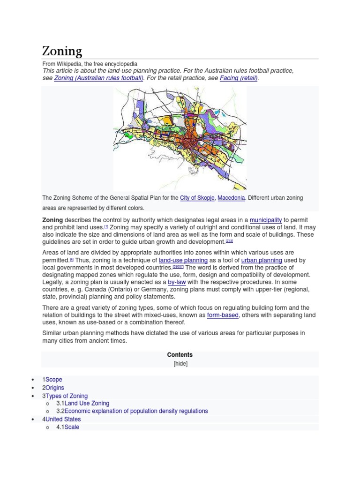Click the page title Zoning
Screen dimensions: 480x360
[x=62, y=51]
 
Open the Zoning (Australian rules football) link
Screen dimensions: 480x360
[x=98, y=78]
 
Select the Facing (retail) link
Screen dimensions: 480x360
[x=239, y=78]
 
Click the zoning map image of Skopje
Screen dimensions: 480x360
[x=180, y=138]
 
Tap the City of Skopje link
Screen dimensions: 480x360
[x=197, y=198]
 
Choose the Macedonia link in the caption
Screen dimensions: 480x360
[x=231, y=198]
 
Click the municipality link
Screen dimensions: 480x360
[x=265, y=220]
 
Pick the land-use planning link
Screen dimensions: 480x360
[x=183, y=260]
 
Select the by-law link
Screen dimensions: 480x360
[x=177, y=282]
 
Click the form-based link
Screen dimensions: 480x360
[x=223, y=315]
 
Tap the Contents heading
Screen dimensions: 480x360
[x=180, y=355]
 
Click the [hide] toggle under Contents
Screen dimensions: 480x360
[x=180, y=364]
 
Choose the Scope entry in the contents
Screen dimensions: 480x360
[x=53, y=380]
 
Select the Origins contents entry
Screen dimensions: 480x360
[x=54, y=388]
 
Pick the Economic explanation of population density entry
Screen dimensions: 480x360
[x=136, y=411]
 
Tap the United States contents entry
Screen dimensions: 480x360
[x=63, y=419]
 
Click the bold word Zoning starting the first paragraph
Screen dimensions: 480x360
[x=52, y=220]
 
